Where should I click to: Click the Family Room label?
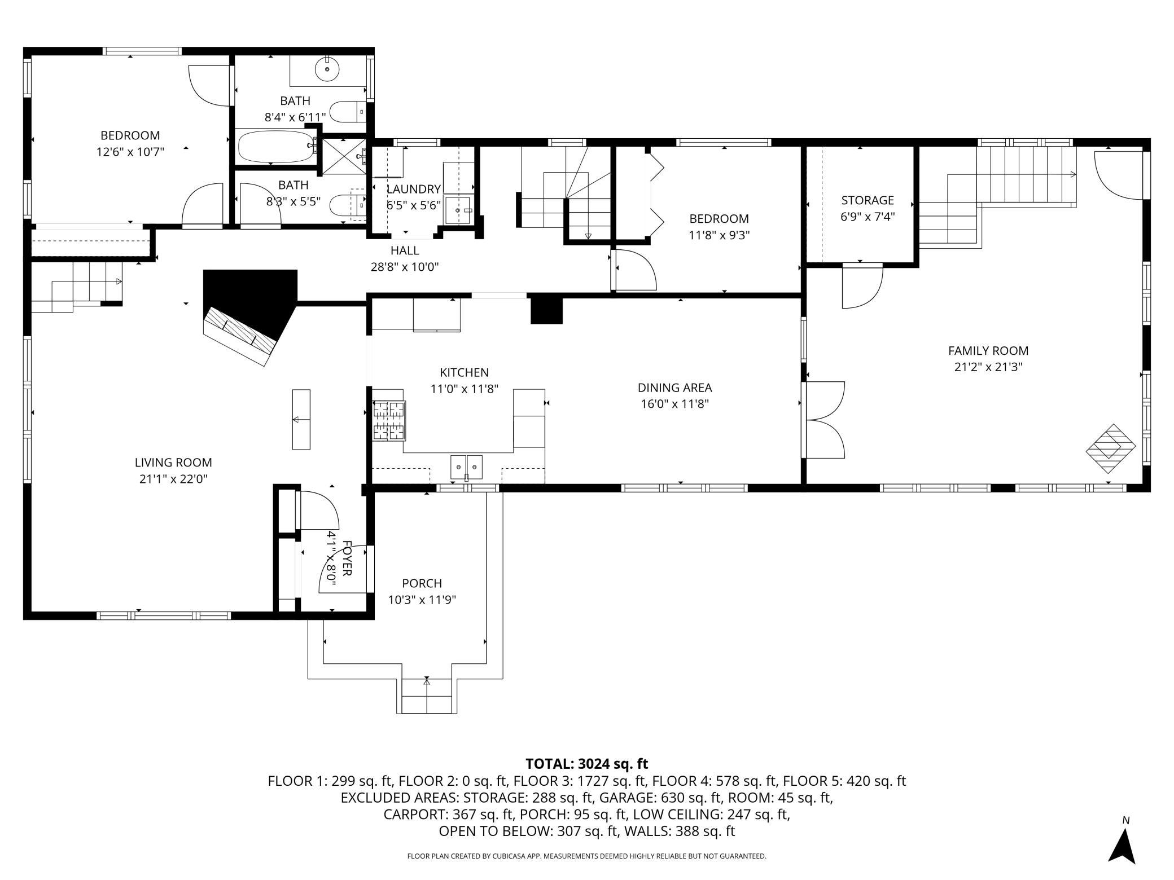988,351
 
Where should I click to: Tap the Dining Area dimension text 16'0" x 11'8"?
674,404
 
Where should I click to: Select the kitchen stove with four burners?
389,420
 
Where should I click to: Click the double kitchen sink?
466,467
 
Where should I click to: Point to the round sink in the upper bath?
327,70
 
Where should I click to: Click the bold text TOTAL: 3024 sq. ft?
587,764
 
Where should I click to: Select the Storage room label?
868,200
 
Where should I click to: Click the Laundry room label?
413,189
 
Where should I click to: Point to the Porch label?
422,583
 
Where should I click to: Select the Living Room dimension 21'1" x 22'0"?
173,479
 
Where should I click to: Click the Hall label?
405,250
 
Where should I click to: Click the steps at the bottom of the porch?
427,696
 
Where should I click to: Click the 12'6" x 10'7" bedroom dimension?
130,152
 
